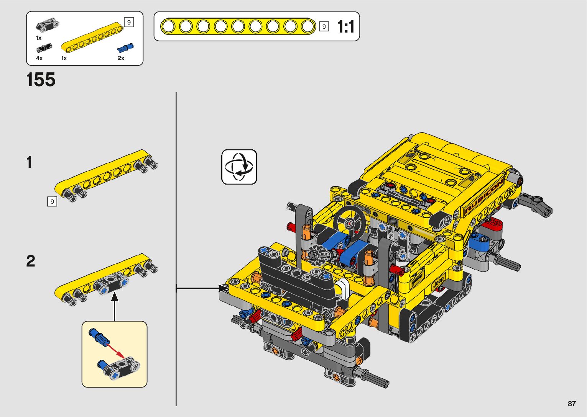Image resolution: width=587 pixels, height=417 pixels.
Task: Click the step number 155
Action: click(41, 80)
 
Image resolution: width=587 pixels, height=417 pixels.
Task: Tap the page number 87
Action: click(572, 403)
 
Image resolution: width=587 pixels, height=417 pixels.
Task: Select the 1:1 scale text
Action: click(346, 26)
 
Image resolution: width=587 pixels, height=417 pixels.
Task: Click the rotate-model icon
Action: click(239, 167)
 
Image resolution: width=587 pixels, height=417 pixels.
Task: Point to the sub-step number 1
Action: click(30, 162)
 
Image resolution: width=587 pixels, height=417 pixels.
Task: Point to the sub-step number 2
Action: click(31, 261)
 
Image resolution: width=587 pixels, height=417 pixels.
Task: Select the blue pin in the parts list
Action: click(125, 47)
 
